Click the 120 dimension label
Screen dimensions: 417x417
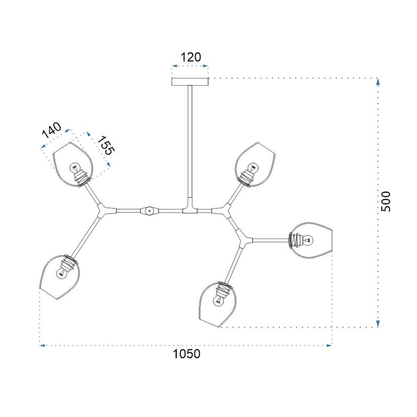[191, 57]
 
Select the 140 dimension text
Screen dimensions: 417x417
[52, 130]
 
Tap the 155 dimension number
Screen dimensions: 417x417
[106, 146]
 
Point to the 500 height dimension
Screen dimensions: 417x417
[386, 201]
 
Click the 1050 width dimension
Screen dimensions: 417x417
[186, 354]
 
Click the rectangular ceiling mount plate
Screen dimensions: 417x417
[190, 82]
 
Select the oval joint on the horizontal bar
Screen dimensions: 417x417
[149, 211]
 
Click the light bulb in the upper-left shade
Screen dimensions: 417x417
[75, 168]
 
